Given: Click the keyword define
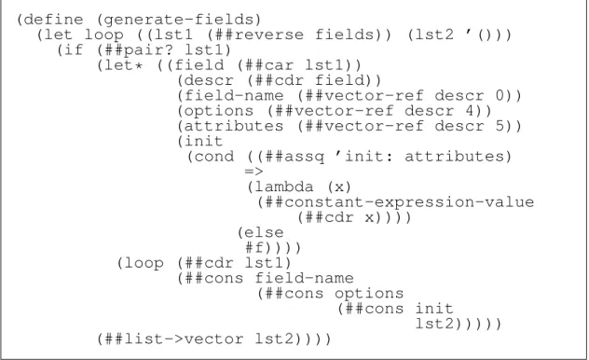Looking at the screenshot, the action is coord(53,20).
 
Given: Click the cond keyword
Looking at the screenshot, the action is coord(214,157).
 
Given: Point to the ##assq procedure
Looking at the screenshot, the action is coord(294,157).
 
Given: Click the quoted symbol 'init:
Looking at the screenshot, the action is coord(363,156).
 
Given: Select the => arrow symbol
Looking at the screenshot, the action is coord(253,172).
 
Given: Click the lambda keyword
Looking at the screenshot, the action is coord(283,187).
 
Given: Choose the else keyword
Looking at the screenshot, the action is coord(264,232).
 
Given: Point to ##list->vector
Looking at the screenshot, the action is coord(174,339).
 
